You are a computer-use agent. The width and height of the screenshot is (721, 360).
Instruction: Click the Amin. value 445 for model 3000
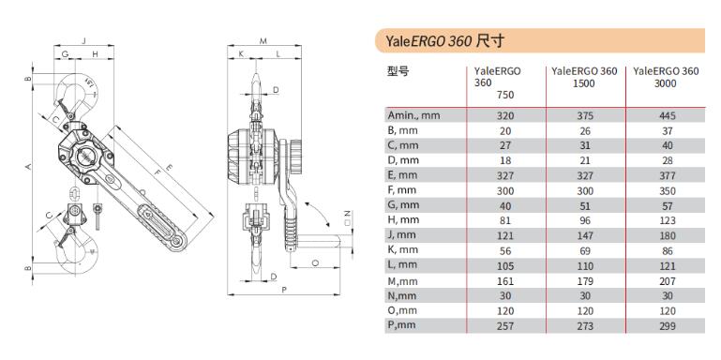coord(668,115)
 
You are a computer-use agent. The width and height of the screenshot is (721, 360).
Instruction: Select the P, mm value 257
coord(505,325)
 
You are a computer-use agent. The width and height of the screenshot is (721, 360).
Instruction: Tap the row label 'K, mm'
coord(402,250)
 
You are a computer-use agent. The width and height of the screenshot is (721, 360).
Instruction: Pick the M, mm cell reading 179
coord(585,281)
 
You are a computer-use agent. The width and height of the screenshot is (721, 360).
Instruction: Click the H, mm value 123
coord(668,220)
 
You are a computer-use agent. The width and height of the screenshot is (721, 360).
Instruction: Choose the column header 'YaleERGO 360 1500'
coord(584,77)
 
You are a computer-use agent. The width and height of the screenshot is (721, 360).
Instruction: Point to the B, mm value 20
coord(505,130)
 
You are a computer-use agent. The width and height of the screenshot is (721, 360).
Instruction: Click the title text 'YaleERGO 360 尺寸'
coord(444,41)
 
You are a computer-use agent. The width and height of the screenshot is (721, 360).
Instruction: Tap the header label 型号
coord(398,71)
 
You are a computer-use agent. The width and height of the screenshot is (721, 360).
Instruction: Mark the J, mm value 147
coord(585,236)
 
